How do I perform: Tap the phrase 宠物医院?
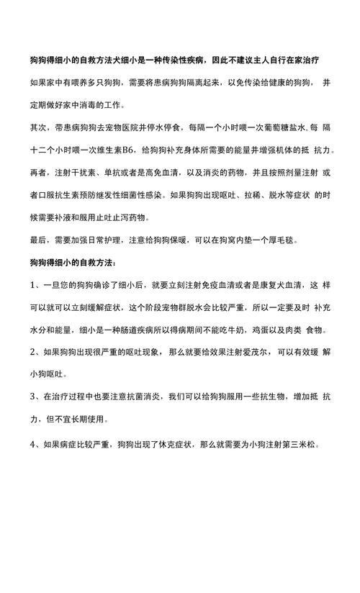coord(117,128)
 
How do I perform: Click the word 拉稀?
coord(231,195)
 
